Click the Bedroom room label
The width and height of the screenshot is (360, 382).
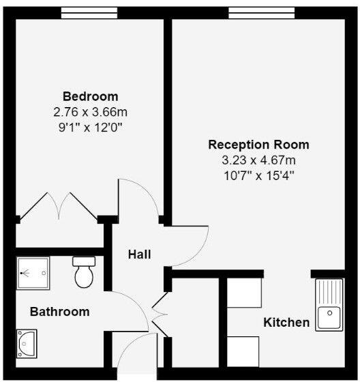(x=90, y=96)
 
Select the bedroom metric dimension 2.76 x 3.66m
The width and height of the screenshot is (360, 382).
(x=90, y=111)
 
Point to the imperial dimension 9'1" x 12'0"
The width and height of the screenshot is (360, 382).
(x=90, y=126)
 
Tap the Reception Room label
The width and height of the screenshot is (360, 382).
(x=258, y=145)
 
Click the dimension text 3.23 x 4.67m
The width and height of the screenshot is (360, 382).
(x=258, y=160)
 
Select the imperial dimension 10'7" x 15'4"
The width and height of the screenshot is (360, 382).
(x=258, y=175)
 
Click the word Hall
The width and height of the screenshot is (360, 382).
(x=139, y=254)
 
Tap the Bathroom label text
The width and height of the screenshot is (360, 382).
(x=59, y=312)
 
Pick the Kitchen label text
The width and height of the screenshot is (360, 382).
(x=286, y=322)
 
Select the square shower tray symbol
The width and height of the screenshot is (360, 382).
(x=32, y=273)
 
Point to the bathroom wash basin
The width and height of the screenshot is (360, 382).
(x=29, y=343)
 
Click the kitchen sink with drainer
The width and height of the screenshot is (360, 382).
(x=329, y=304)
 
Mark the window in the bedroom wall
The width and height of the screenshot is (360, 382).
(x=90, y=12)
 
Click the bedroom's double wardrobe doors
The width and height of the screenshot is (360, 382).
(x=59, y=205)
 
